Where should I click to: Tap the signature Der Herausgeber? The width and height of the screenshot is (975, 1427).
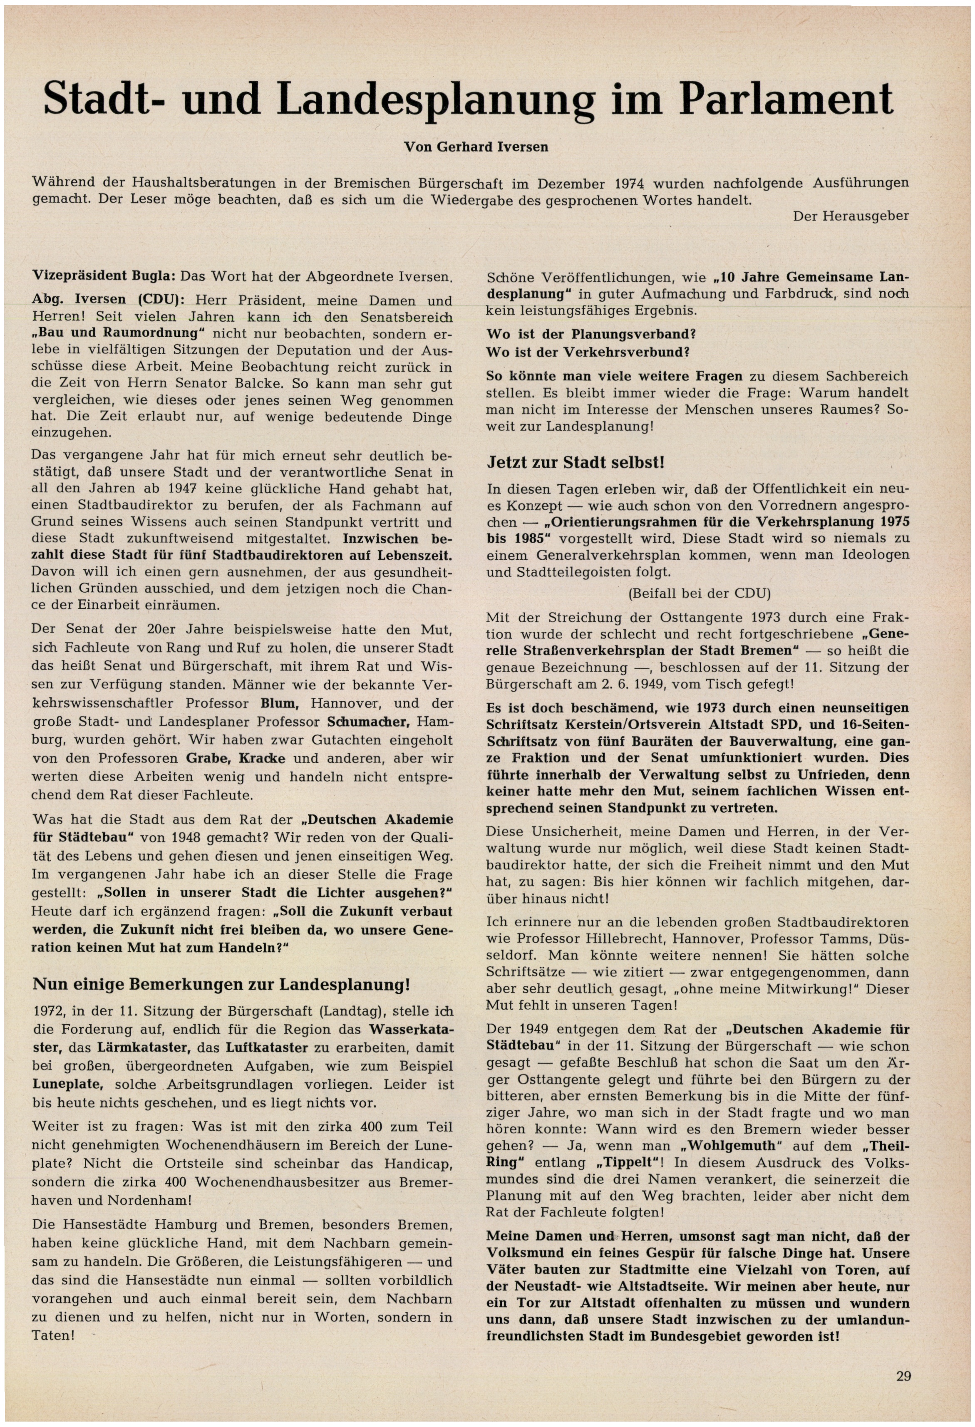pos(850,216)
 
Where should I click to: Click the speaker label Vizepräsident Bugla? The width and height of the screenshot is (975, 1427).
pos(104,276)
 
